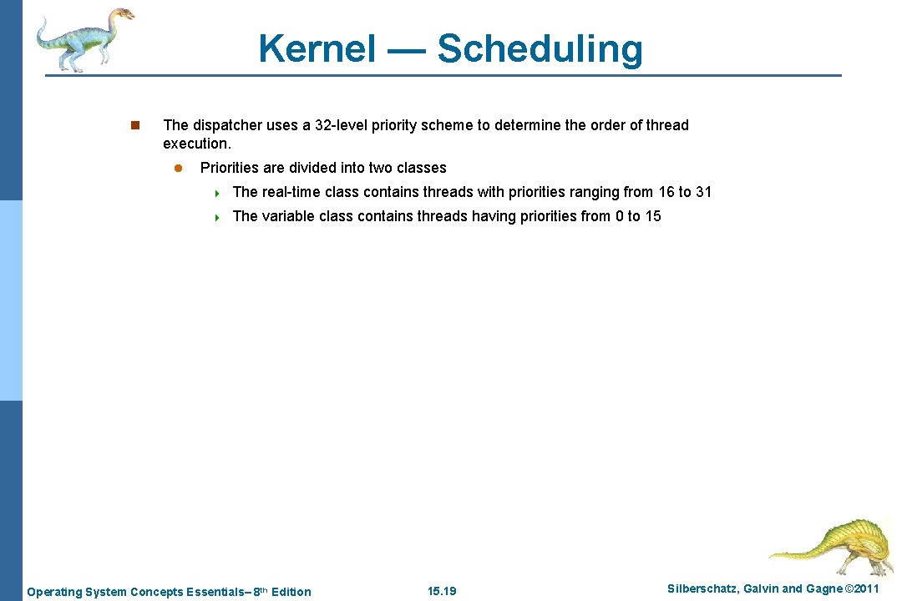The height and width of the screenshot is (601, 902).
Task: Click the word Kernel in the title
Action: click(317, 48)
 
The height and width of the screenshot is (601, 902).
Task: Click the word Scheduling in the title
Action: click(540, 48)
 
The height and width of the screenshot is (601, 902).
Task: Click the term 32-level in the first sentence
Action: click(343, 125)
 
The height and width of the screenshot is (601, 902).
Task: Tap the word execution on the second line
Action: click(195, 144)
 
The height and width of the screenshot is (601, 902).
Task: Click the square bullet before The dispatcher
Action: click(134, 126)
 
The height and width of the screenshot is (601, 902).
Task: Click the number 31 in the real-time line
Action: click(703, 192)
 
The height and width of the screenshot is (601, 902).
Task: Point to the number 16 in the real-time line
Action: click(666, 192)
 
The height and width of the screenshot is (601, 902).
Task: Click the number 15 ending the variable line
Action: click(652, 216)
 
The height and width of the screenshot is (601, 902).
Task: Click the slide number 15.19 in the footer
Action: click(442, 592)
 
